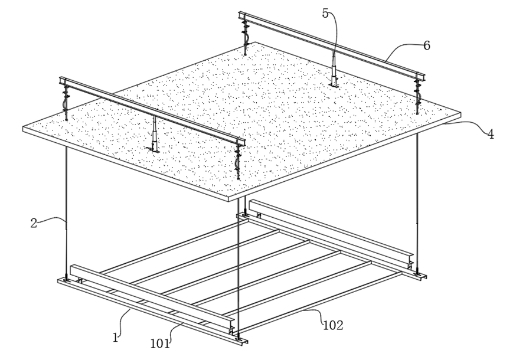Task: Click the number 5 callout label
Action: [x=325, y=13]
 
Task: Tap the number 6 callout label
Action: [x=426, y=45]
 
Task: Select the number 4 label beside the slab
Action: [x=490, y=134]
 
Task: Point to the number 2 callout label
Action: [x=34, y=223]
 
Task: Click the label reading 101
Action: [x=160, y=343]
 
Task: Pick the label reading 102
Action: [x=332, y=325]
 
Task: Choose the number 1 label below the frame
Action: [x=116, y=338]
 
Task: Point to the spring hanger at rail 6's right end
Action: [x=418, y=94]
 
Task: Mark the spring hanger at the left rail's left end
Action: [x=65, y=100]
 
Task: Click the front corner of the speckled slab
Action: [x=231, y=199]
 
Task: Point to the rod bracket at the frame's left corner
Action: [x=66, y=279]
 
